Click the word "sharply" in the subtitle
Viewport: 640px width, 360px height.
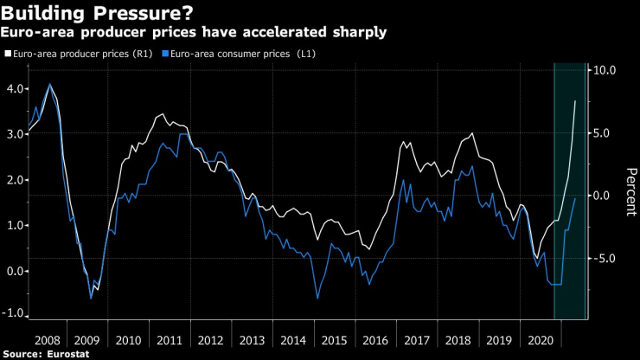(356, 32)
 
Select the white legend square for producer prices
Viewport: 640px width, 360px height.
(7, 54)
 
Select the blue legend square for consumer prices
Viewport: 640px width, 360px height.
(166, 54)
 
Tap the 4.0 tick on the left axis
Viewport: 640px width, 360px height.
(15, 89)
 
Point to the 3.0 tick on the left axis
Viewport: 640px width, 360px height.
(15, 134)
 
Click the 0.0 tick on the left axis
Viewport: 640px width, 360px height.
(15, 271)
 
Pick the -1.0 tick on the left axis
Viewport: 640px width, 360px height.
(13, 316)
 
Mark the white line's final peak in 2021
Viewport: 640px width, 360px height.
(576, 101)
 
